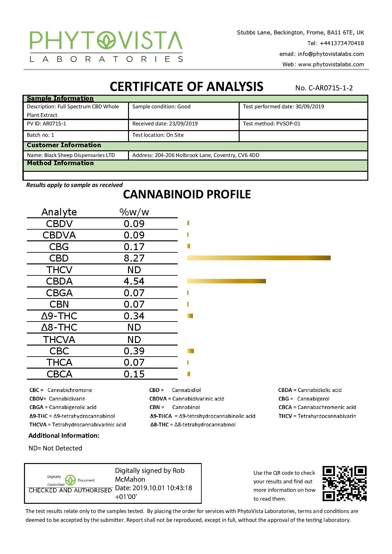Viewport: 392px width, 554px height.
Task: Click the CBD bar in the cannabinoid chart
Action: [259, 258]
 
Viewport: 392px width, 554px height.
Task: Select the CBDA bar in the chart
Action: [226, 281]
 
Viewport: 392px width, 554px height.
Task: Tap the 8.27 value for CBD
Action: [134, 258]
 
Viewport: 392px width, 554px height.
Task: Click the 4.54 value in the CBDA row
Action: [134, 281]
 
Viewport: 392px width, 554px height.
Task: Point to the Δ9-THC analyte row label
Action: [59, 316]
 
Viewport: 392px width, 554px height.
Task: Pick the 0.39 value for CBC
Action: [134, 351]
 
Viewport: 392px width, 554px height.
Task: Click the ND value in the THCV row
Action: [134, 270]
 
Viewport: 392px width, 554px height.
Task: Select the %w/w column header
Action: [134, 212]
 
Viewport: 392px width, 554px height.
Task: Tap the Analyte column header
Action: [59, 212]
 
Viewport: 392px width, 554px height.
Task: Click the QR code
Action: [344, 483]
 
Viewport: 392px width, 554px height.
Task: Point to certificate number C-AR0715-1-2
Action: [324, 88]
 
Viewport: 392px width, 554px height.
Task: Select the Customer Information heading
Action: [64, 145]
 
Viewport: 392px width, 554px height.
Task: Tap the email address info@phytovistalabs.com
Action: [331, 54]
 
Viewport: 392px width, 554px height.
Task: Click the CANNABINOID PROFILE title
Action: [187, 194]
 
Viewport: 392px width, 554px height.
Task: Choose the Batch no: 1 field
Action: [40, 135]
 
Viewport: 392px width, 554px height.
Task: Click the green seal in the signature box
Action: [70, 480]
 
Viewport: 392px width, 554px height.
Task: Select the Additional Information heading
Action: [64, 436]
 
